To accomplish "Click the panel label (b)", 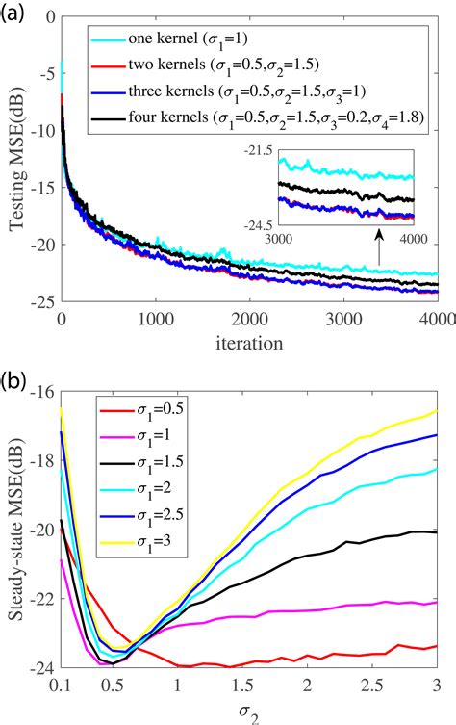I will [x=15, y=371].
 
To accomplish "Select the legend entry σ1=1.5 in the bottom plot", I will [x=150, y=463].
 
